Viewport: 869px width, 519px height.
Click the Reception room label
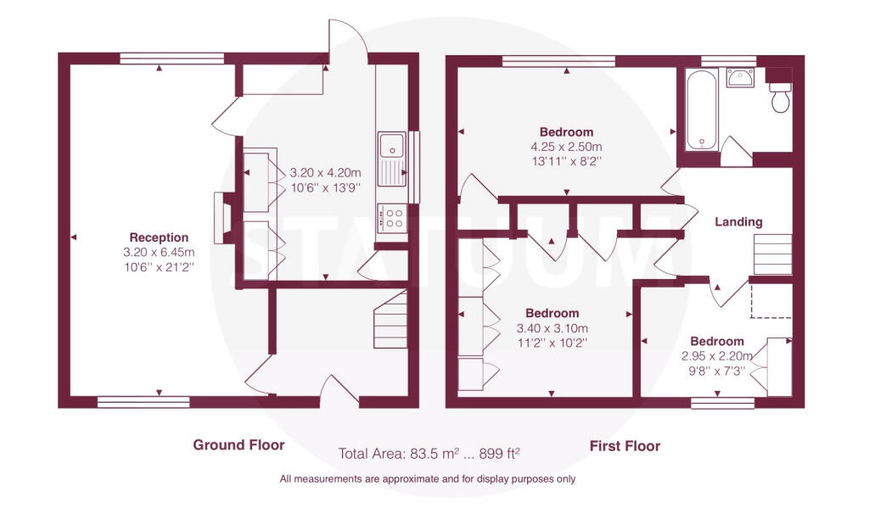click(159, 237)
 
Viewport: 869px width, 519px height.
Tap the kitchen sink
click(392, 146)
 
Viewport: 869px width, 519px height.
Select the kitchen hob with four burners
click(391, 217)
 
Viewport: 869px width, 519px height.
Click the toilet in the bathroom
click(779, 99)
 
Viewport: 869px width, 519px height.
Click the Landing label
click(738, 222)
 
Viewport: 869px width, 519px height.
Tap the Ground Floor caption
click(238, 445)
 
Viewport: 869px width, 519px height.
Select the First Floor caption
click(625, 445)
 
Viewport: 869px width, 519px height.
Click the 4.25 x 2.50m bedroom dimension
click(566, 146)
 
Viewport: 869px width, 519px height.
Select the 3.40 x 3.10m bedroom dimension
click(552, 328)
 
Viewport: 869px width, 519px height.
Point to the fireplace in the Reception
click(222, 219)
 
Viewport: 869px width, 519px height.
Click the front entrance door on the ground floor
click(337, 392)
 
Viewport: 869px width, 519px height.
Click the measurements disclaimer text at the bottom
click(428, 479)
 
